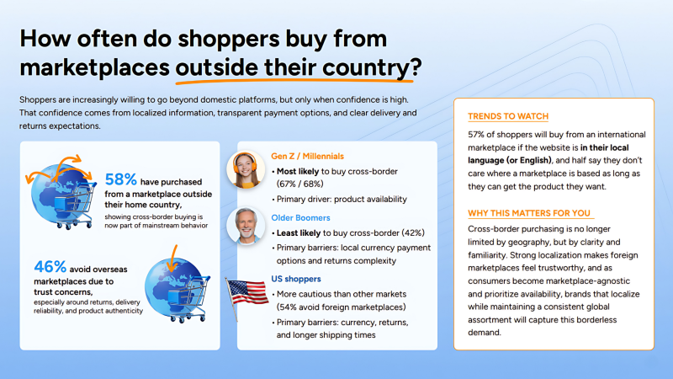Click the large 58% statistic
[121, 179]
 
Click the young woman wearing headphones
[245, 169]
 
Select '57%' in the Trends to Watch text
[477, 135]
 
